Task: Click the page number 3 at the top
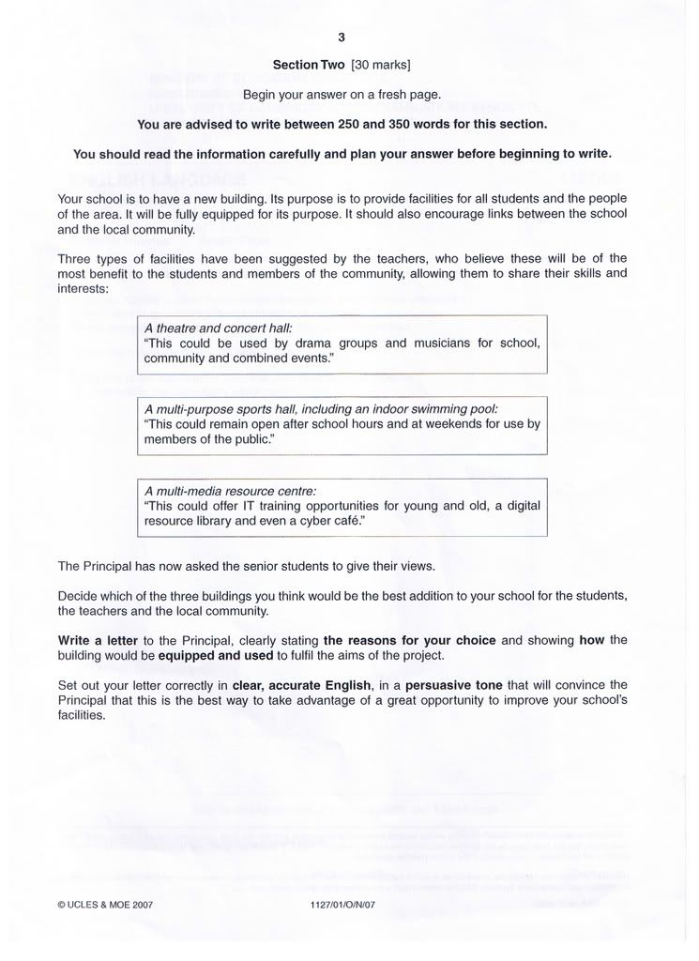click(342, 38)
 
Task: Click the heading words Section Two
click(309, 66)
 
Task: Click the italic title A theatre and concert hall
click(219, 328)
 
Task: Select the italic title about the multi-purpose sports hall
click(321, 410)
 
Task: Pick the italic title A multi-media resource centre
click(231, 491)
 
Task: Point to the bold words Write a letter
click(98, 640)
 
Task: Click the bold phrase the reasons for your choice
click(410, 640)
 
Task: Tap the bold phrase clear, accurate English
click(312, 685)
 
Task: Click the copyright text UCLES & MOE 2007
click(105, 905)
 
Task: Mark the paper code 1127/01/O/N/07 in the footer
click(342, 905)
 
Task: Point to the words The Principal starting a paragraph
click(91, 566)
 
